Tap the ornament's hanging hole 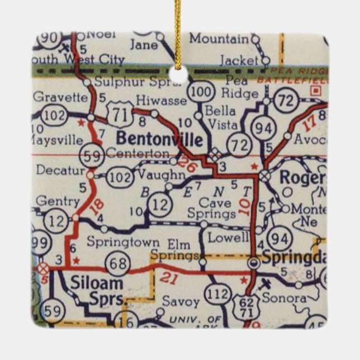(179, 74)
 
